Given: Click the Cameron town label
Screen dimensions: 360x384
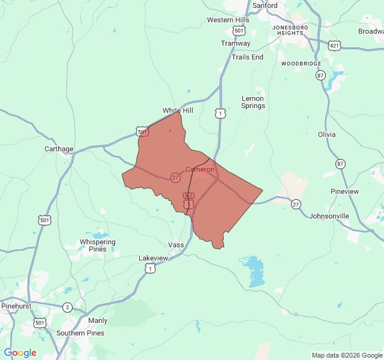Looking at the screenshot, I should [199, 169].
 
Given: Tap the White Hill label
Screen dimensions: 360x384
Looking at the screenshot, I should [178, 110].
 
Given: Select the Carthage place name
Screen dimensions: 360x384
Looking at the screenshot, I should [59, 149].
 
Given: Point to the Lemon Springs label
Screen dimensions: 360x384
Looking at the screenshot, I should [253, 102].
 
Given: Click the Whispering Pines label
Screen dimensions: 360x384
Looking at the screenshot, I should [97, 245].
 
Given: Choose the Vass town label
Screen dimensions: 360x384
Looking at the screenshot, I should [176, 245].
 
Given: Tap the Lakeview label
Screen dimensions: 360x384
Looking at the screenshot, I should [154, 257].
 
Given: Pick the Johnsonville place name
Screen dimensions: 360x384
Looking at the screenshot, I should [329, 216].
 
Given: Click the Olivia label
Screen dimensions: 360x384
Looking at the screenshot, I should [327, 134].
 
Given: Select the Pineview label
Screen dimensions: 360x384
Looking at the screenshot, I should [344, 191].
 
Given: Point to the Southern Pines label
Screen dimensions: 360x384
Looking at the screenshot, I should [80, 333].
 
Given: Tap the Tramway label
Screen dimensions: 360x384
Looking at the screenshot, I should [235, 43].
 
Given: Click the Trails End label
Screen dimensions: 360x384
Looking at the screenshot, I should [247, 57].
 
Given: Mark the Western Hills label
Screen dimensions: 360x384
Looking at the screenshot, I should [228, 20].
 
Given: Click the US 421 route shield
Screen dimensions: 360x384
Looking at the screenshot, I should [335, 44].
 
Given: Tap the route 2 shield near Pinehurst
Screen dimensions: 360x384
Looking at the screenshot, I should [67, 308].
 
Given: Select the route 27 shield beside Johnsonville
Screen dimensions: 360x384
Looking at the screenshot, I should [296, 204].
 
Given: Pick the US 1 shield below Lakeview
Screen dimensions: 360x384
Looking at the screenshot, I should [149, 269].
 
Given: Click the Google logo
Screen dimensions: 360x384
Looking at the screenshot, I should [20, 353].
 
